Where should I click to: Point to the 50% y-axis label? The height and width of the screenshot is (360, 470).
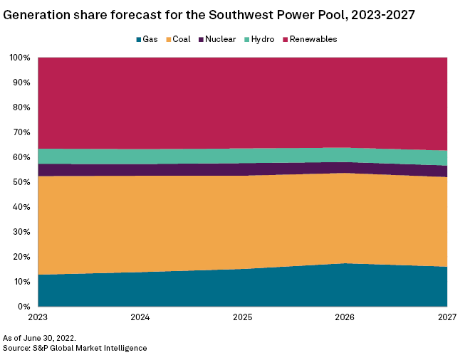click(x=21, y=182)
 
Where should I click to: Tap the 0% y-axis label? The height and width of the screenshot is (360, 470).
click(x=24, y=307)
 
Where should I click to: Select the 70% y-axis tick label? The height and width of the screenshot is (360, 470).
click(x=21, y=132)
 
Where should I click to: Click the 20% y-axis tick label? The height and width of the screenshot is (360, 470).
click(x=21, y=257)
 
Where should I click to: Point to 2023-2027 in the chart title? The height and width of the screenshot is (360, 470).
click(x=380, y=14)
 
